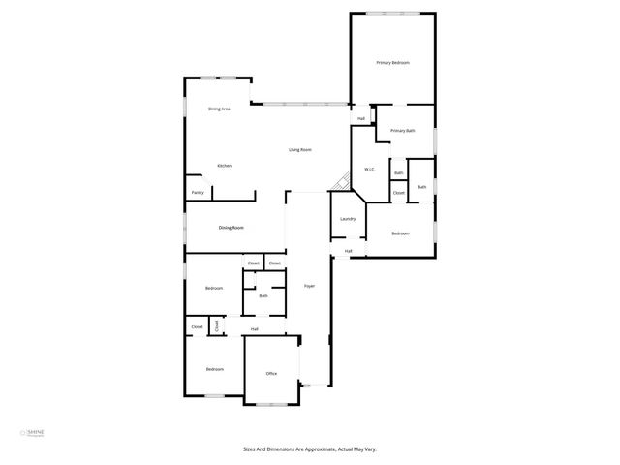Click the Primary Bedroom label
coord(392,63)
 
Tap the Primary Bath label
coord(403,130)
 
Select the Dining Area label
coord(219,108)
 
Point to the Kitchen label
coord(224,166)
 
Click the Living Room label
coord(299,150)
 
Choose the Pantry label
coord(197,193)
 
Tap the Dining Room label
coord(231,228)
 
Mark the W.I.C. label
coord(369,170)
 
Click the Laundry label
coord(348,219)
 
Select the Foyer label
coord(309,286)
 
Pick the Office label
coord(271,373)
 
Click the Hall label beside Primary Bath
coord(360,119)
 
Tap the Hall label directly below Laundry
coord(348,252)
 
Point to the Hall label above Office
coord(254,329)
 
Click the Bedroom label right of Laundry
coord(400,233)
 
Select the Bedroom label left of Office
coord(214,369)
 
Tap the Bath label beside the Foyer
coord(263,296)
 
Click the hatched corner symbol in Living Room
coord(340,182)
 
